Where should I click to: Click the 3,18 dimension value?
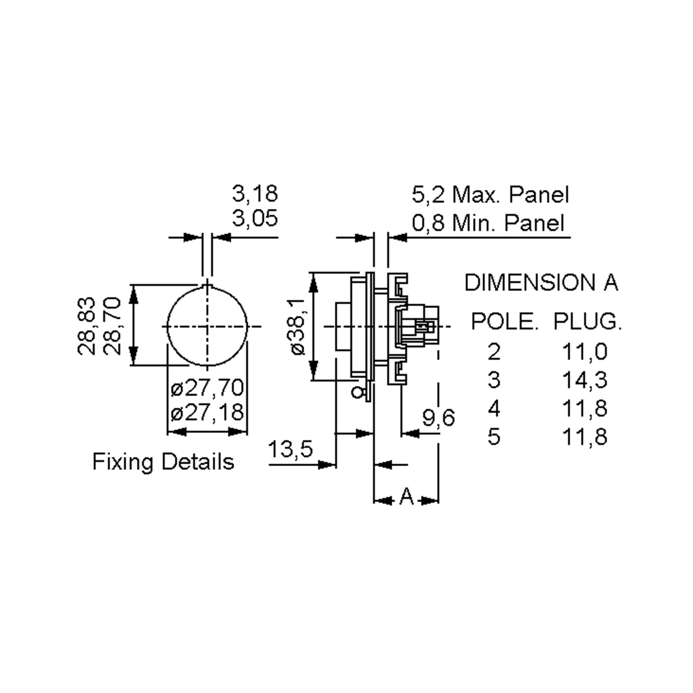point(255,194)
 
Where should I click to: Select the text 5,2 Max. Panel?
point(490,195)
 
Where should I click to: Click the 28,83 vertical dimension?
point(87,326)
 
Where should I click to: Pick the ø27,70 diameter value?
point(207,388)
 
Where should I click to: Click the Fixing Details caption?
point(163,462)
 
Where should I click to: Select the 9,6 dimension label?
point(438,417)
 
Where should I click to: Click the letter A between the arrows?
point(406,497)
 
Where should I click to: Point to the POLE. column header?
point(504,321)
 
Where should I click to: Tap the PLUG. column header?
point(587,321)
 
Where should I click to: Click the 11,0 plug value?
point(584,351)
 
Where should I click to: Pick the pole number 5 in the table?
point(494,437)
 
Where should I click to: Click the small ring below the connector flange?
point(357,392)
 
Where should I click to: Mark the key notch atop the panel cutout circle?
point(207,285)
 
